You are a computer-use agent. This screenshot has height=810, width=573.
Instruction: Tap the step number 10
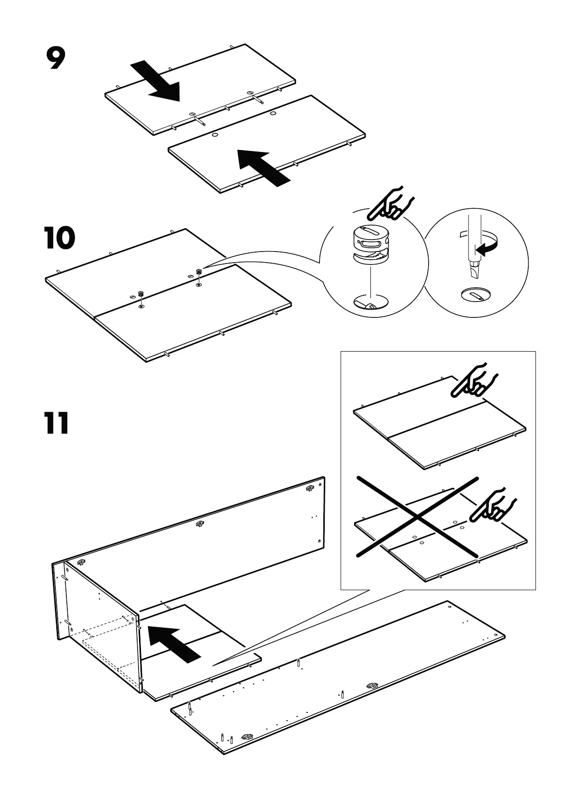point(60,239)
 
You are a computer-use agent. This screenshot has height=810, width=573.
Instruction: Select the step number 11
point(57,424)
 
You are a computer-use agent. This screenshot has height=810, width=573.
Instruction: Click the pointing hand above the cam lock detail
point(390,204)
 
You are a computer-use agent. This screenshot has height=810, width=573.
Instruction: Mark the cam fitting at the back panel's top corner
point(309,489)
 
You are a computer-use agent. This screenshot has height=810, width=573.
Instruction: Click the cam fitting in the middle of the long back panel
point(200,524)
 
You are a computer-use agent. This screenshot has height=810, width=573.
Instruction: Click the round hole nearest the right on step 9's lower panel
point(273,114)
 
